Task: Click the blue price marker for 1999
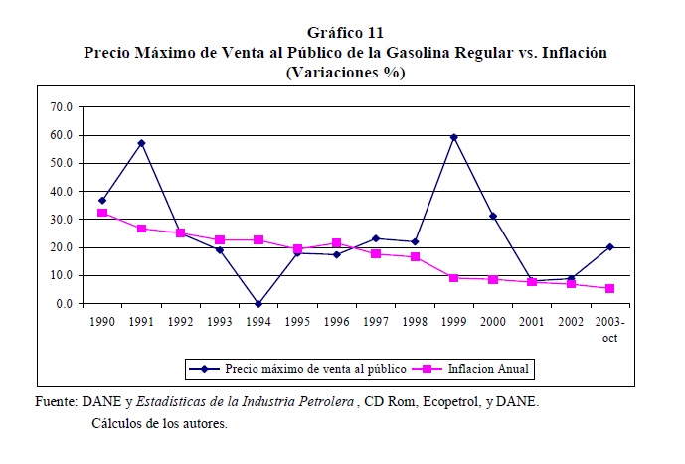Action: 453,136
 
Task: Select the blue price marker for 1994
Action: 257,304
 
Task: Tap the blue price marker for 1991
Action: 141,143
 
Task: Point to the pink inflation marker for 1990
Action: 102,213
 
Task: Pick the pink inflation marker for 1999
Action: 453,278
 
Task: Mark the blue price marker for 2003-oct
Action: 609,247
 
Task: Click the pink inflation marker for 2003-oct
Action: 609,288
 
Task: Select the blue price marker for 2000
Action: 492,216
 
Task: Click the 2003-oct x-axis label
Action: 608,330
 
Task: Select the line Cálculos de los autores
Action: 159,423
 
